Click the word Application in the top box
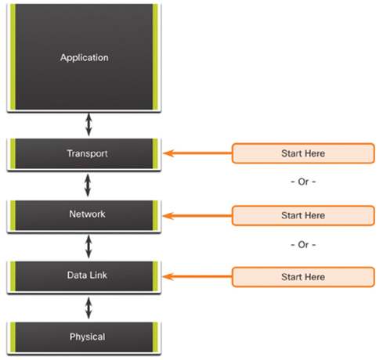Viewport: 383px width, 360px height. (x=85, y=58)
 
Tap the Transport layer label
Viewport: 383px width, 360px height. (x=87, y=153)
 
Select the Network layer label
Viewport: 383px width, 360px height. (x=87, y=214)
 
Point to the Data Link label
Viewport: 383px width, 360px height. (x=87, y=275)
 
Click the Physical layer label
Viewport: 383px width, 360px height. (x=87, y=337)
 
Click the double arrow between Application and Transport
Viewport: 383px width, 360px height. (x=89, y=124)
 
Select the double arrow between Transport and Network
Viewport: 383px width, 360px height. (x=88, y=185)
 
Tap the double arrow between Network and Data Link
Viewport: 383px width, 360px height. (x=89, y=247)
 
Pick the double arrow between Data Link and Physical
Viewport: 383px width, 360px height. (x=89, y=308)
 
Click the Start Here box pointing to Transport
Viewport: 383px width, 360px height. (x=303, y=153)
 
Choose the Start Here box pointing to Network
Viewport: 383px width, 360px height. (x=303, y=215)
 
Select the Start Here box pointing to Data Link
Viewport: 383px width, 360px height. (x=303, y=277)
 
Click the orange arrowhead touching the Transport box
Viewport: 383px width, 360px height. (x=168, y=153)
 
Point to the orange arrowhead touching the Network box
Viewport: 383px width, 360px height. (x=168, y=216)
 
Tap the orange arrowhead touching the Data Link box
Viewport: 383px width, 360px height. (x=168, y=276)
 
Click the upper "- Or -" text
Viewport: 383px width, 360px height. (x=303, y=182)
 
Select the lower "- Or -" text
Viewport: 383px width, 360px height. (x=303, y=245)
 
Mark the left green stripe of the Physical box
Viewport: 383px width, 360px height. (x=13, y=337)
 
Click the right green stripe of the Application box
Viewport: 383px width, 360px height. (x=155, y=56)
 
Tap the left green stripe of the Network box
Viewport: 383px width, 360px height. (x=13, y=215)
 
